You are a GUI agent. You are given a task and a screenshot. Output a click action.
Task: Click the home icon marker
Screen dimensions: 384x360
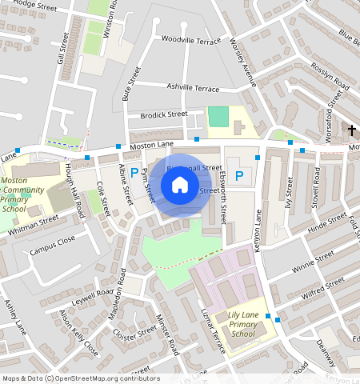180,185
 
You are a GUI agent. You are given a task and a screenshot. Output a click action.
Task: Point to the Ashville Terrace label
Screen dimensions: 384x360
193,87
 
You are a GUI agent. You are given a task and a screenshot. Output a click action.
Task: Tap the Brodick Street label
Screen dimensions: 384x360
163,114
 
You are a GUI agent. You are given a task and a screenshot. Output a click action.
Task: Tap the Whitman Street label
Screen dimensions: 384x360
34,224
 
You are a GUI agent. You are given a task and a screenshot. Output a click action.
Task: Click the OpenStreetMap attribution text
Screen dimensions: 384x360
80,378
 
